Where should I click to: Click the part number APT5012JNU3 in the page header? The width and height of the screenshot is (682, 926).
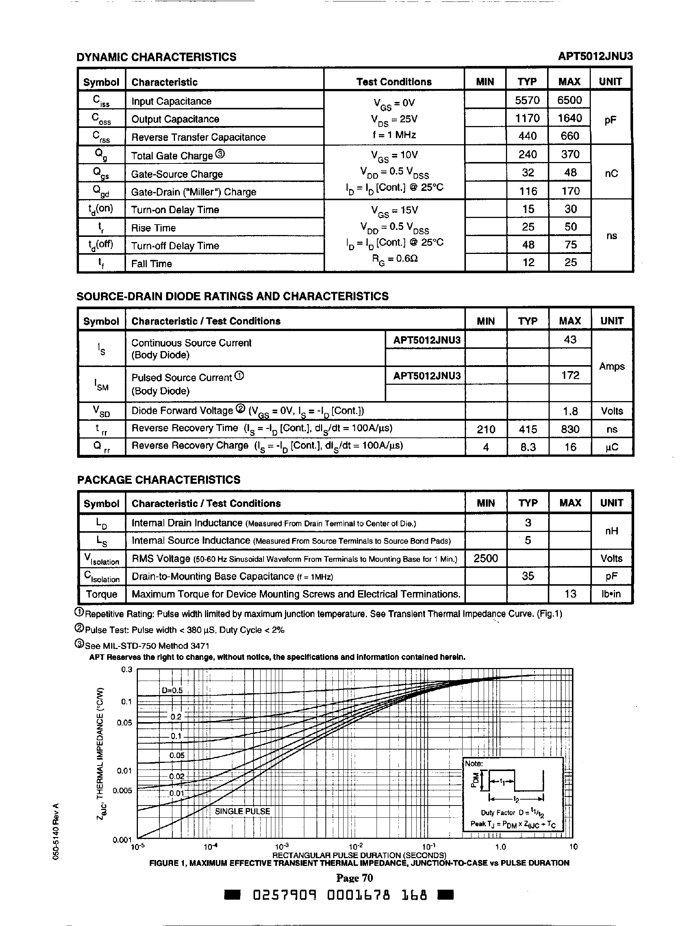(595, 56)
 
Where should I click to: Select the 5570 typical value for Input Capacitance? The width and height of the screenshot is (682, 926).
(527, 100)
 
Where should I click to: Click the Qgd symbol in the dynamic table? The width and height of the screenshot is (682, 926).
(101, 191)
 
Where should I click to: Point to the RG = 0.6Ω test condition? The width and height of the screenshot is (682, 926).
(394, 259)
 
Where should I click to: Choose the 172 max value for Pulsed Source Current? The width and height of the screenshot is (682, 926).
(570, 375)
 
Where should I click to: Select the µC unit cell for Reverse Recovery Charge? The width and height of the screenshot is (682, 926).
(612, 447)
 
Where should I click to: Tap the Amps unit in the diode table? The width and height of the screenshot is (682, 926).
(612, 366)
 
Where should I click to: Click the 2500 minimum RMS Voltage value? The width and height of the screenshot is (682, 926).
(486, 558)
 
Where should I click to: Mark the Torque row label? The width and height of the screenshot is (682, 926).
(102, 594)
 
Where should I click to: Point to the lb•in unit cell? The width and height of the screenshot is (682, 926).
(612, 594)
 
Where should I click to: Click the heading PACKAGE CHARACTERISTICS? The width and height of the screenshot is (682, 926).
(159, 480)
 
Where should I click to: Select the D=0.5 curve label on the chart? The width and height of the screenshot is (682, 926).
(172, 691)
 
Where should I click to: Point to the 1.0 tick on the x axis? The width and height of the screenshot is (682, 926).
(500, 847)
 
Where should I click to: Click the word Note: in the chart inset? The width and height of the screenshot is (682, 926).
(474, 764)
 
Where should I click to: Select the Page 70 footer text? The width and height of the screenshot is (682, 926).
(355, 878)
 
